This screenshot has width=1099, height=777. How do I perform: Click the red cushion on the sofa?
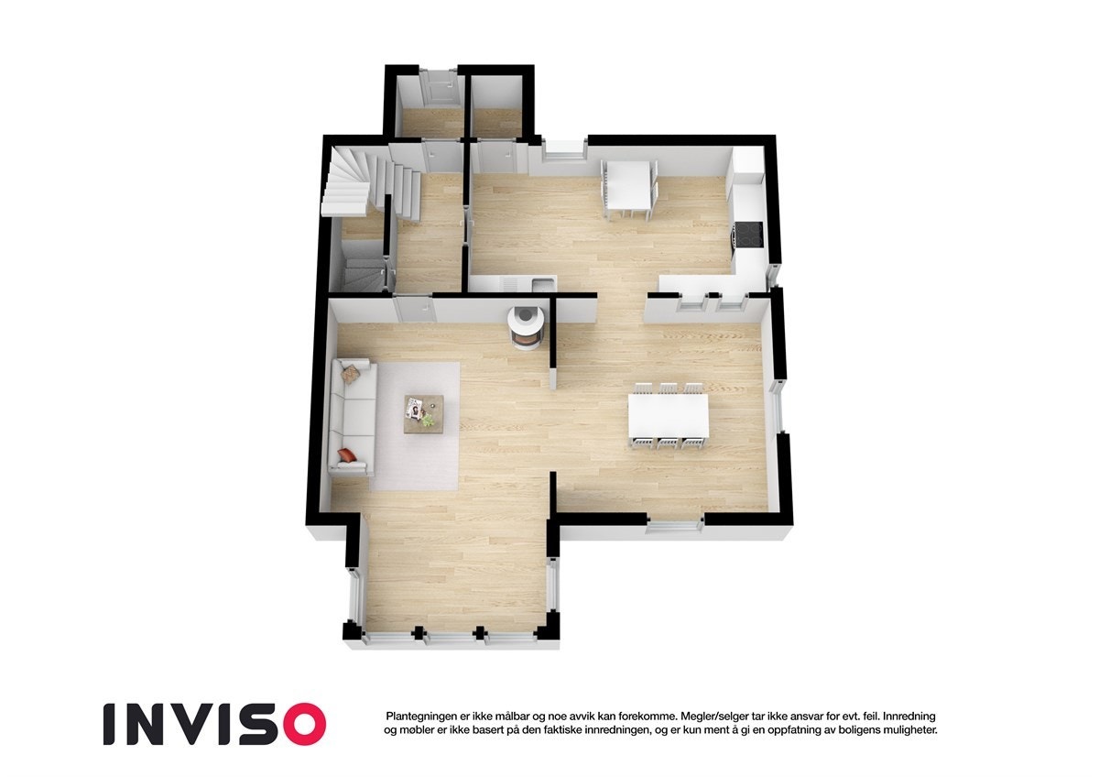(x=347, y=454)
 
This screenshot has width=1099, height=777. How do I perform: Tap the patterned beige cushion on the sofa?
(x=351, y=372)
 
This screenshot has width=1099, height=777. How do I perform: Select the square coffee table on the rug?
(x=424, y=413)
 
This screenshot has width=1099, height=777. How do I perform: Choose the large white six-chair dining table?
(x=669, y=417)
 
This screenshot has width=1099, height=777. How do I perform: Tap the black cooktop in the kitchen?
(x=749, y=235)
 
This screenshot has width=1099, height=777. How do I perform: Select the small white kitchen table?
(x=627, y=187)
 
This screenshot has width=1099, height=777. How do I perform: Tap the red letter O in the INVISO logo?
(x=304, y=724)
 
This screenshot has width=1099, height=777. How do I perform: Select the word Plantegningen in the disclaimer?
(x=422, y=715)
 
